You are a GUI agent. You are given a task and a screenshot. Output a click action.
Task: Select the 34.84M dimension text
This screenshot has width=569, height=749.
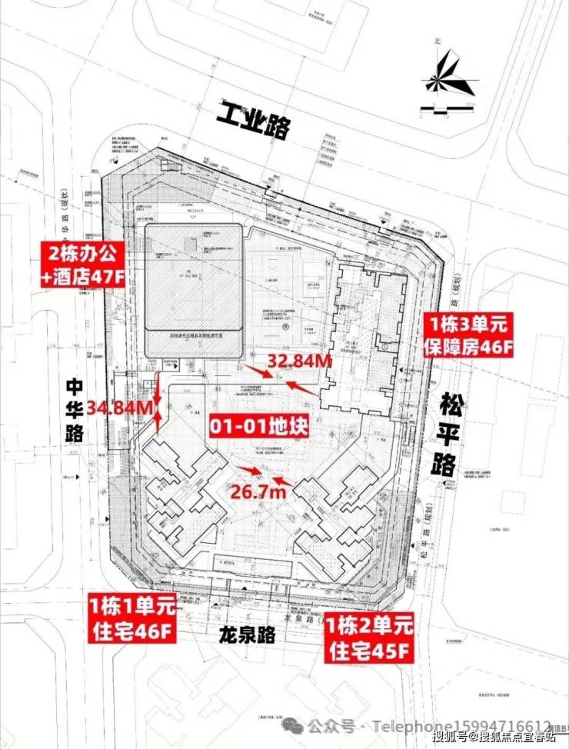[121, 408]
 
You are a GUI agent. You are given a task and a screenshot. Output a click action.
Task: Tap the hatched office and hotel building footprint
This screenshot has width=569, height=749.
[195, 281]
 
